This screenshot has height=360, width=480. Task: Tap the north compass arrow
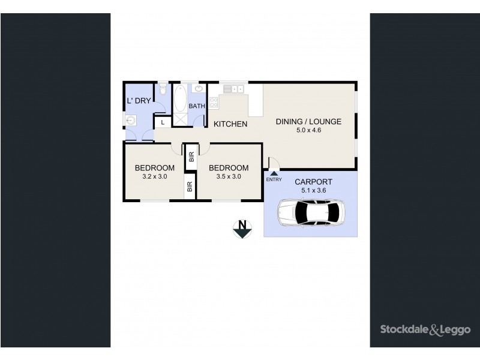242,229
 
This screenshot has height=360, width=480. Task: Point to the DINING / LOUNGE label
308,122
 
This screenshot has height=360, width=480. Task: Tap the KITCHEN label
231,124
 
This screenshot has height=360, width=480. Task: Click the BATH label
197,106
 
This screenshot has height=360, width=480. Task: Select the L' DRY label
138,100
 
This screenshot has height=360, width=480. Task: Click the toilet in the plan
162,91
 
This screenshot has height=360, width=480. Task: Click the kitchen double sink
235,89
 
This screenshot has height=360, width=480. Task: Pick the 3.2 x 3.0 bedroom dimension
154,177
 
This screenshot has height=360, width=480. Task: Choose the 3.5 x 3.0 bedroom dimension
228,177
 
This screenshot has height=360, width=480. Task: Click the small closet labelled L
161,122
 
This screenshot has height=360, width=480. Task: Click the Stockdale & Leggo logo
422,328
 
